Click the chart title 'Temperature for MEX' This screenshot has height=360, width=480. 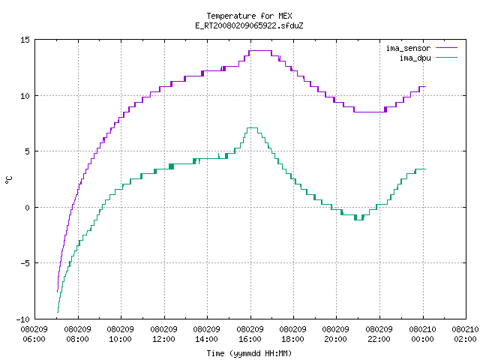pos(249,16)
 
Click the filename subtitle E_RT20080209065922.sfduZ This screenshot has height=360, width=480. pos(249,25)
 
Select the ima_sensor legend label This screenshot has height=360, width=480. pos(408,48)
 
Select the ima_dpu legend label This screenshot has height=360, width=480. pos(415,58)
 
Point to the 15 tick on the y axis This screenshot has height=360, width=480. pos(25,40)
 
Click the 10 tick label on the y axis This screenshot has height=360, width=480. pos(25,96)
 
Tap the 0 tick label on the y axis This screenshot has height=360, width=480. pos(27,208)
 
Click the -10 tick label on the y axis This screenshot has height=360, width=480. pos(23,319)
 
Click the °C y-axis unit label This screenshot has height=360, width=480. pos(9,180)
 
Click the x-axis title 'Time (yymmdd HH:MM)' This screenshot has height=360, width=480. pos(249,353)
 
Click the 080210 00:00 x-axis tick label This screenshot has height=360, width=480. pos(422,334)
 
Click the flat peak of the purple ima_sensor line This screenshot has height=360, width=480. pos(260,50)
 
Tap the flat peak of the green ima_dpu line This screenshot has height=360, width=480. pos(252,127)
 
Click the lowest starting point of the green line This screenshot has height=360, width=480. pos(58,312)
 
